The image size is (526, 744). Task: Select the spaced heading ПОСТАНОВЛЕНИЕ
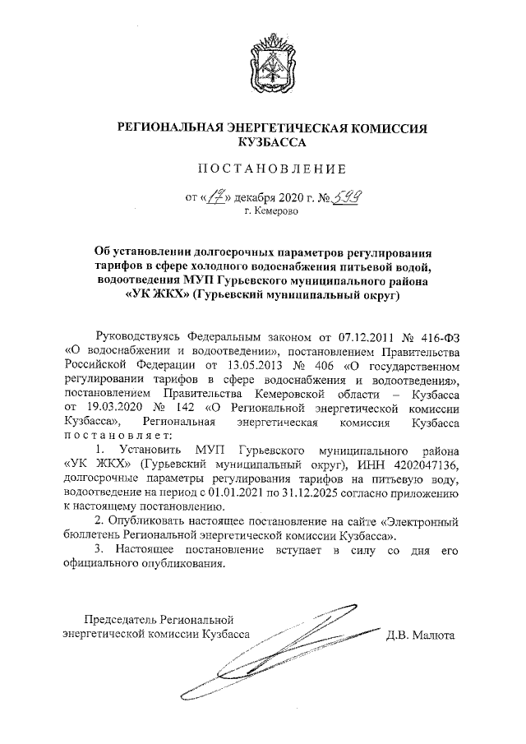[x=270, y=170]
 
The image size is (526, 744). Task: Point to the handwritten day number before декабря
[x=216, y=197]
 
